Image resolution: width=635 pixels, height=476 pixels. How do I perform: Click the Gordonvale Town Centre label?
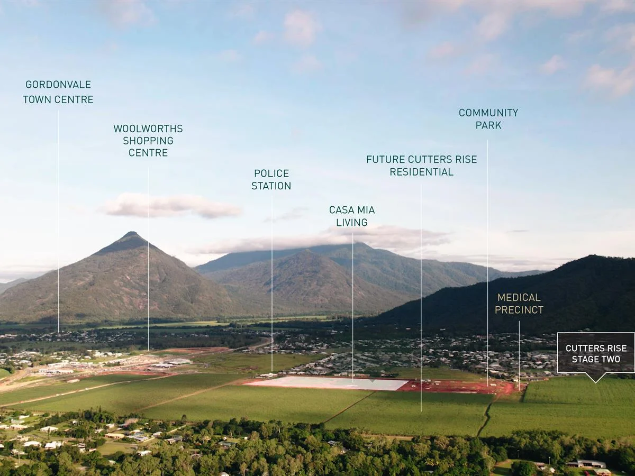tap(58, 91)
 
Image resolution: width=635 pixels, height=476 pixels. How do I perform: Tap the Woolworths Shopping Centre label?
tap(148, 140)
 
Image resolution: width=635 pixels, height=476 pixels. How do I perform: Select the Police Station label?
tap(271, 179)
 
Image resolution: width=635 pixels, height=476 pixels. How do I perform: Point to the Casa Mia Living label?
tap(352, 216)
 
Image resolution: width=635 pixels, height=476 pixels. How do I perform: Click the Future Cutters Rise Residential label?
tap(421, 166)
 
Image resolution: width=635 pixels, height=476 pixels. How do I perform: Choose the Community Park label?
tap(488, 119)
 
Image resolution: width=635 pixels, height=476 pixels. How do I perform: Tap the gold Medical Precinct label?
tap(519, 304)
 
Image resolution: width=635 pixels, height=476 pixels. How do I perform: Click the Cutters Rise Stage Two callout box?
tap(596, 353)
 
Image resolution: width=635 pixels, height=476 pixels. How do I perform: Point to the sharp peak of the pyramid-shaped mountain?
tap(131, 233)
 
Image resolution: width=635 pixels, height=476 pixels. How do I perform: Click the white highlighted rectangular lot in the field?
tap(328, 383)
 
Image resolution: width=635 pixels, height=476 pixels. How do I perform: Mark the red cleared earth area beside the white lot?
tap(455, 387)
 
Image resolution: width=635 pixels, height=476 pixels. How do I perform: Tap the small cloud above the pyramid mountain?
tap(169, 205)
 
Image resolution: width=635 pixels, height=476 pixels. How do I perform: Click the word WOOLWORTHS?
tap(148, 129)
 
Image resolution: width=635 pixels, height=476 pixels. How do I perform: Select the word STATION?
tap(271, 186)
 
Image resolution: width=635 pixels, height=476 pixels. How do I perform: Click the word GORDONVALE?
tap(58, 85)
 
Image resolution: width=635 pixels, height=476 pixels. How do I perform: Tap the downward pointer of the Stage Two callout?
tap(596, 378)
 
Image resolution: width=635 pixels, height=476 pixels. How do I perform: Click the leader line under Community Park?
tap(487, 264)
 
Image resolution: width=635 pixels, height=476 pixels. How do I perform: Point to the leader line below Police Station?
tap(272, 286)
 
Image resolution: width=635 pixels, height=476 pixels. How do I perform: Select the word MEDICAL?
tap(519, 297)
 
